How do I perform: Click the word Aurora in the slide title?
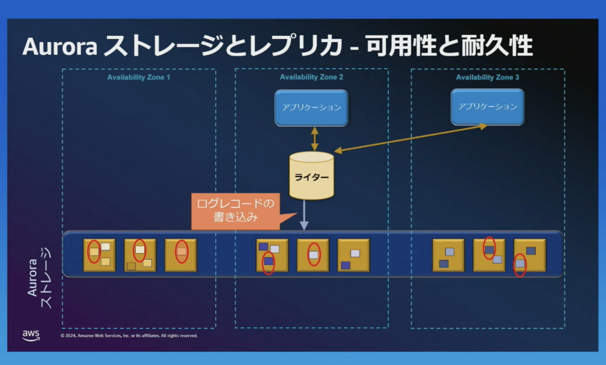click(60, 47)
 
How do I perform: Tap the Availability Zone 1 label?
click(139, 77)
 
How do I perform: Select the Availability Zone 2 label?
click(312, 77)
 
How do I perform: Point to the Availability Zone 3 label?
click(487, 77)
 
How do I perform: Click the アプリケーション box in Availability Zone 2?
click(312, 108)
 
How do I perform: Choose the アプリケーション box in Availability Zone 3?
click(487, 107)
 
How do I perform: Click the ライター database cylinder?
click(312, 176)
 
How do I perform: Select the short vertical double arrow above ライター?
click(314, 139)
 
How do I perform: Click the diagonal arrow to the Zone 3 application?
click(411, 139)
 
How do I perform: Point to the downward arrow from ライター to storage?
click(304, 215)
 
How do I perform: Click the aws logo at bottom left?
click(31, 336)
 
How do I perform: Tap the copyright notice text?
click(129, 336)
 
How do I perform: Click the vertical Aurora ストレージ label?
click(39, 278)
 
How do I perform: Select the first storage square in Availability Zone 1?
click(99, 255)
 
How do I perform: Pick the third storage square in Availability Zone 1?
click(181, 255)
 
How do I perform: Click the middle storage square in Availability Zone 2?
click(313, 255)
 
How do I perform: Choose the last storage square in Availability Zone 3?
click(530, 255)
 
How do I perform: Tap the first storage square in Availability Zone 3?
click(448, 255)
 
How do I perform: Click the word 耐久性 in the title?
click(497, 46)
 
